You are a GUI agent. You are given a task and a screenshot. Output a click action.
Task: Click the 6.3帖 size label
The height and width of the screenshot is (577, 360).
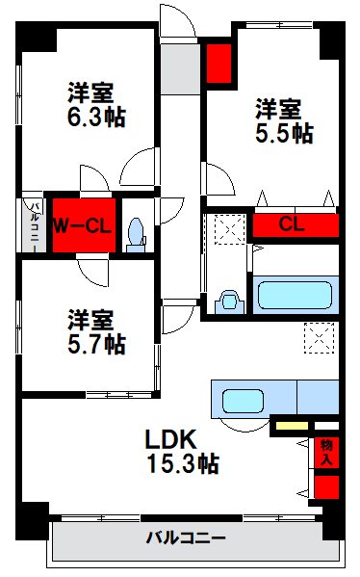[x=90, y=118]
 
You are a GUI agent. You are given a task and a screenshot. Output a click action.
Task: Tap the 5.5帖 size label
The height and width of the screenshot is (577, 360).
[x=283, y=133]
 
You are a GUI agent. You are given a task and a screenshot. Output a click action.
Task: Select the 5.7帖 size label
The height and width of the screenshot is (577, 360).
[x=90, y=341]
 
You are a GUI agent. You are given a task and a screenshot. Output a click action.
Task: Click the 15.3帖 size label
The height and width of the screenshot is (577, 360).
[x=182, y=463]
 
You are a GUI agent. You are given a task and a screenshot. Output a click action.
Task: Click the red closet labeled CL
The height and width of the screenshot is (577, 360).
[x=296, y=226]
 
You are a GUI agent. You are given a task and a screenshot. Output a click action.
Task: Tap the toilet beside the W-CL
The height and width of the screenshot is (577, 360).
[x=137, y=230]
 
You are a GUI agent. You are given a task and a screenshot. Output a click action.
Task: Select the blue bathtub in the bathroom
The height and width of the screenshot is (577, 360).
[x=295, y=291]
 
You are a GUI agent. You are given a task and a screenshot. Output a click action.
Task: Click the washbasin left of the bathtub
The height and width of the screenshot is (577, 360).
[x=228, y=300]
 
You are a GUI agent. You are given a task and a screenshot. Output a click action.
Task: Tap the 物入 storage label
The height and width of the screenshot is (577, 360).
[x=327, y=452]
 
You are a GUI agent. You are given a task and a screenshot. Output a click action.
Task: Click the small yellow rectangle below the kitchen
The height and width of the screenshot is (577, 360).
[x=292, y=424]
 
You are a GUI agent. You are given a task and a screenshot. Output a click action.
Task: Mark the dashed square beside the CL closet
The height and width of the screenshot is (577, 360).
[x=229, y=228]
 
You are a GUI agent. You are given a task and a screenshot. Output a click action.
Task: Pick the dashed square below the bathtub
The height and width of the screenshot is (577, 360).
[x=318, y=338]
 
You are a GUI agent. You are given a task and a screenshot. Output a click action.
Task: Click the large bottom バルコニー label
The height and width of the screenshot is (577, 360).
[x=186, y=537]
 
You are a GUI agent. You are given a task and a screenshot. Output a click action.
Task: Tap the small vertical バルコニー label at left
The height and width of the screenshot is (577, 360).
[x=33, y=224]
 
